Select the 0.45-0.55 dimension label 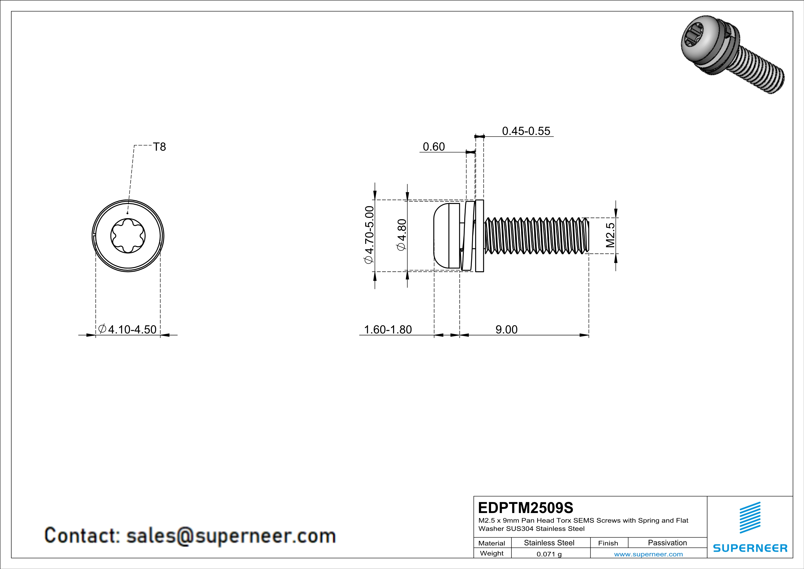[x=526, y=131]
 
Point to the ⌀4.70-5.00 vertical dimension [x=369, y=235]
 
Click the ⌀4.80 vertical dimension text [x=402, y=235]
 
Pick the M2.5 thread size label [x=610, y=235]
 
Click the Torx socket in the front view [x=128, y=236]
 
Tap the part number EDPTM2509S [x=525, y=508]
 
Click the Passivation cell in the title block [x=667, y=543]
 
